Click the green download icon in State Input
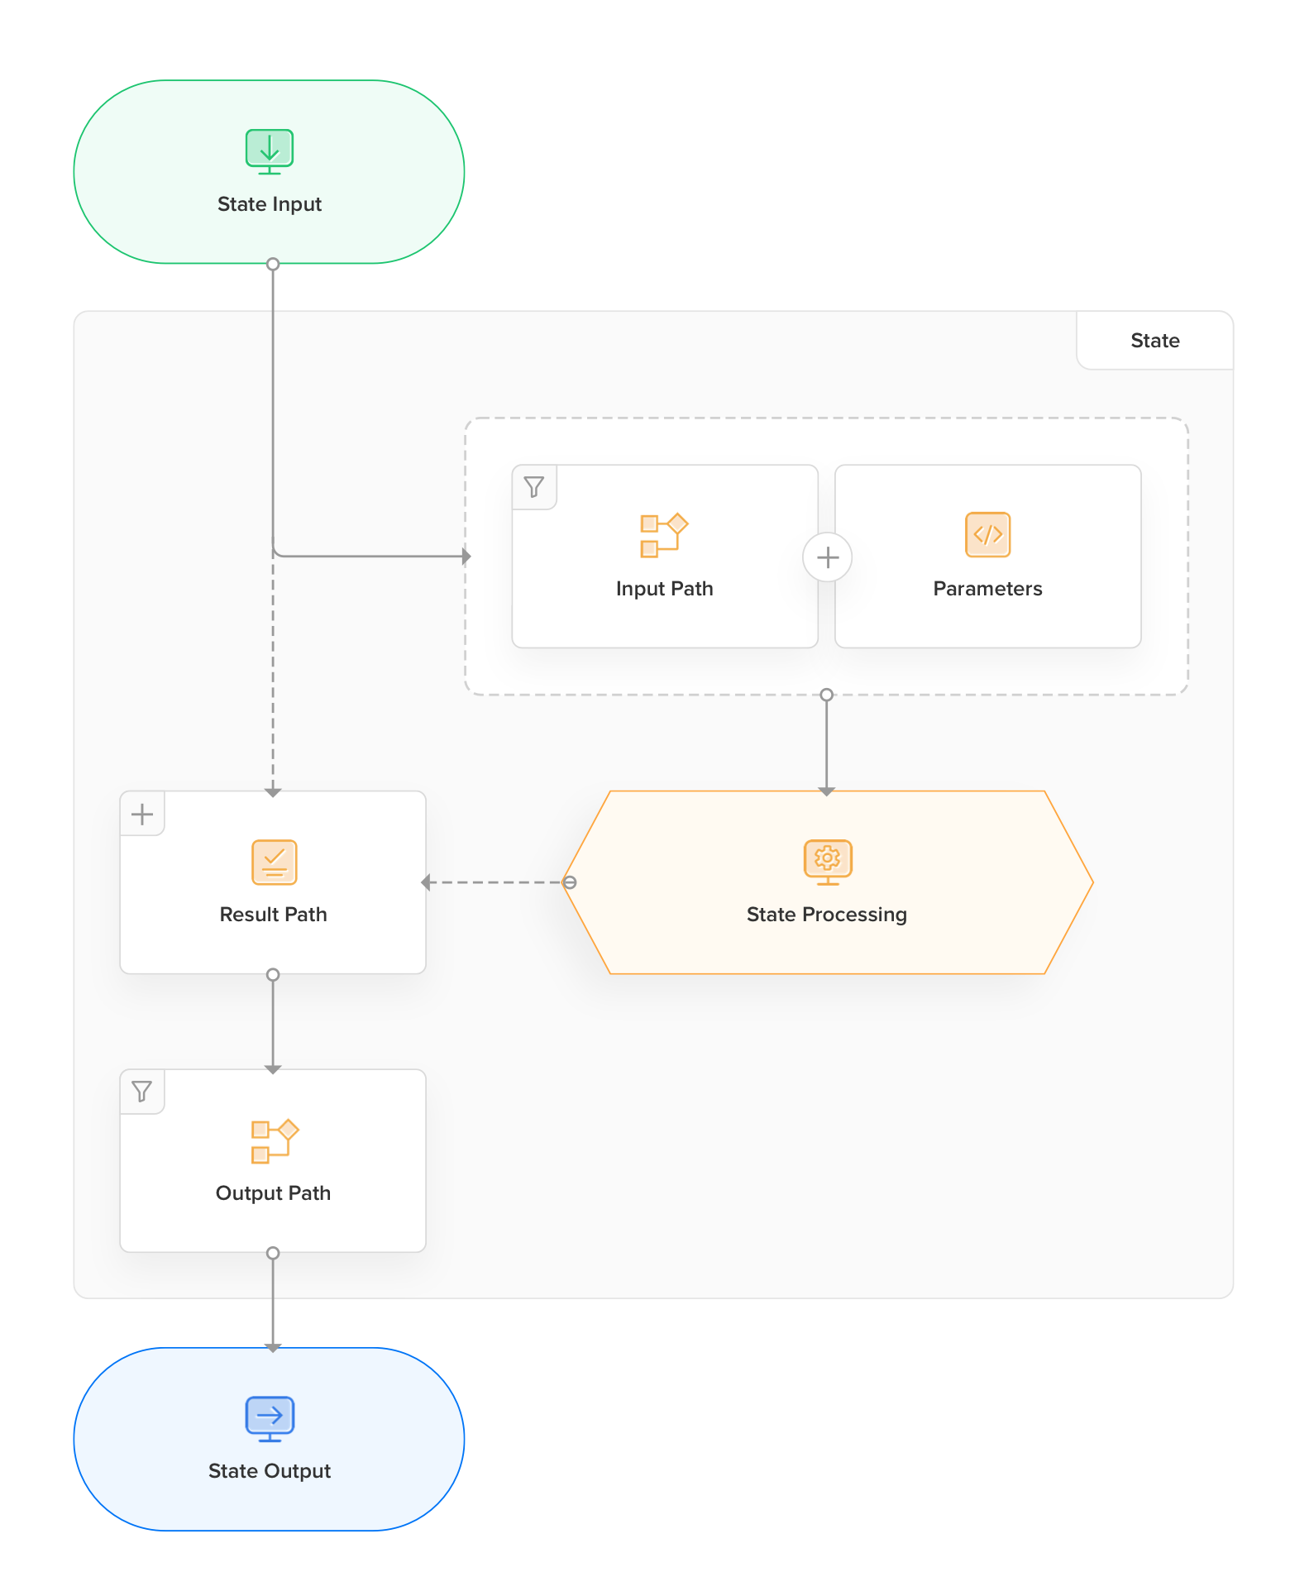(x=270, y=151)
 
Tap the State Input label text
(x=270, y=204)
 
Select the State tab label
(x=1155, y=341)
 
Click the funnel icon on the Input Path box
(x=534, y=487)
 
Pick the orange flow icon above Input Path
(x=664, y=535)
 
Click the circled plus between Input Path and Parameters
(x=828, y=557)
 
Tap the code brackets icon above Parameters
(x=988, y=534)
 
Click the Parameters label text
(x=988, y=589)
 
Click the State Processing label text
(x=827, y=915)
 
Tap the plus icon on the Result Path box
(x=142, y=815)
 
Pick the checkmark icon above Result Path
(x=274, y=862)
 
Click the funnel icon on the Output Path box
(x=142, y=1092)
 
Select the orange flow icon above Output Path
(x=275, y=1141)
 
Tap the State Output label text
(x=270, y=1471)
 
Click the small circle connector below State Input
(x=273, y=265)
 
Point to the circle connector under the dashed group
(x=826, y=695)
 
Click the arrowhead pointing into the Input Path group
(x=466, y=557)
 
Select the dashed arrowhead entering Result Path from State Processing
(x=426, y=882)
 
